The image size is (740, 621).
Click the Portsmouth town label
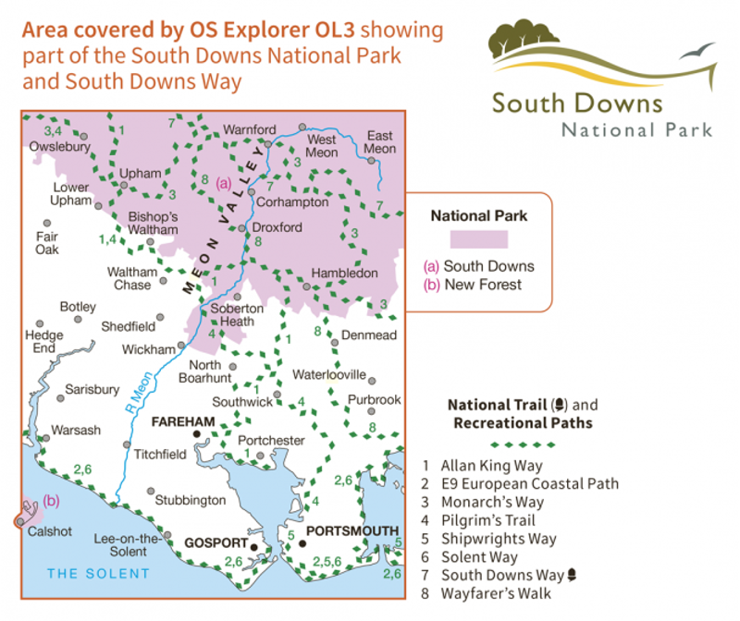(x=352, y=530)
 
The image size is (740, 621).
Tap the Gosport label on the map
(x=218, y=542)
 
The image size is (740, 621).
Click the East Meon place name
(x=380, y=141)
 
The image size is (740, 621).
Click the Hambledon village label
(x=345, y=274)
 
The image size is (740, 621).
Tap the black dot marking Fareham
(x=197, y=433)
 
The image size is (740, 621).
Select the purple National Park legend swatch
(x=479, y=239)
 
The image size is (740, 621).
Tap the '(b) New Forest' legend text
(x=472, y=284)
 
